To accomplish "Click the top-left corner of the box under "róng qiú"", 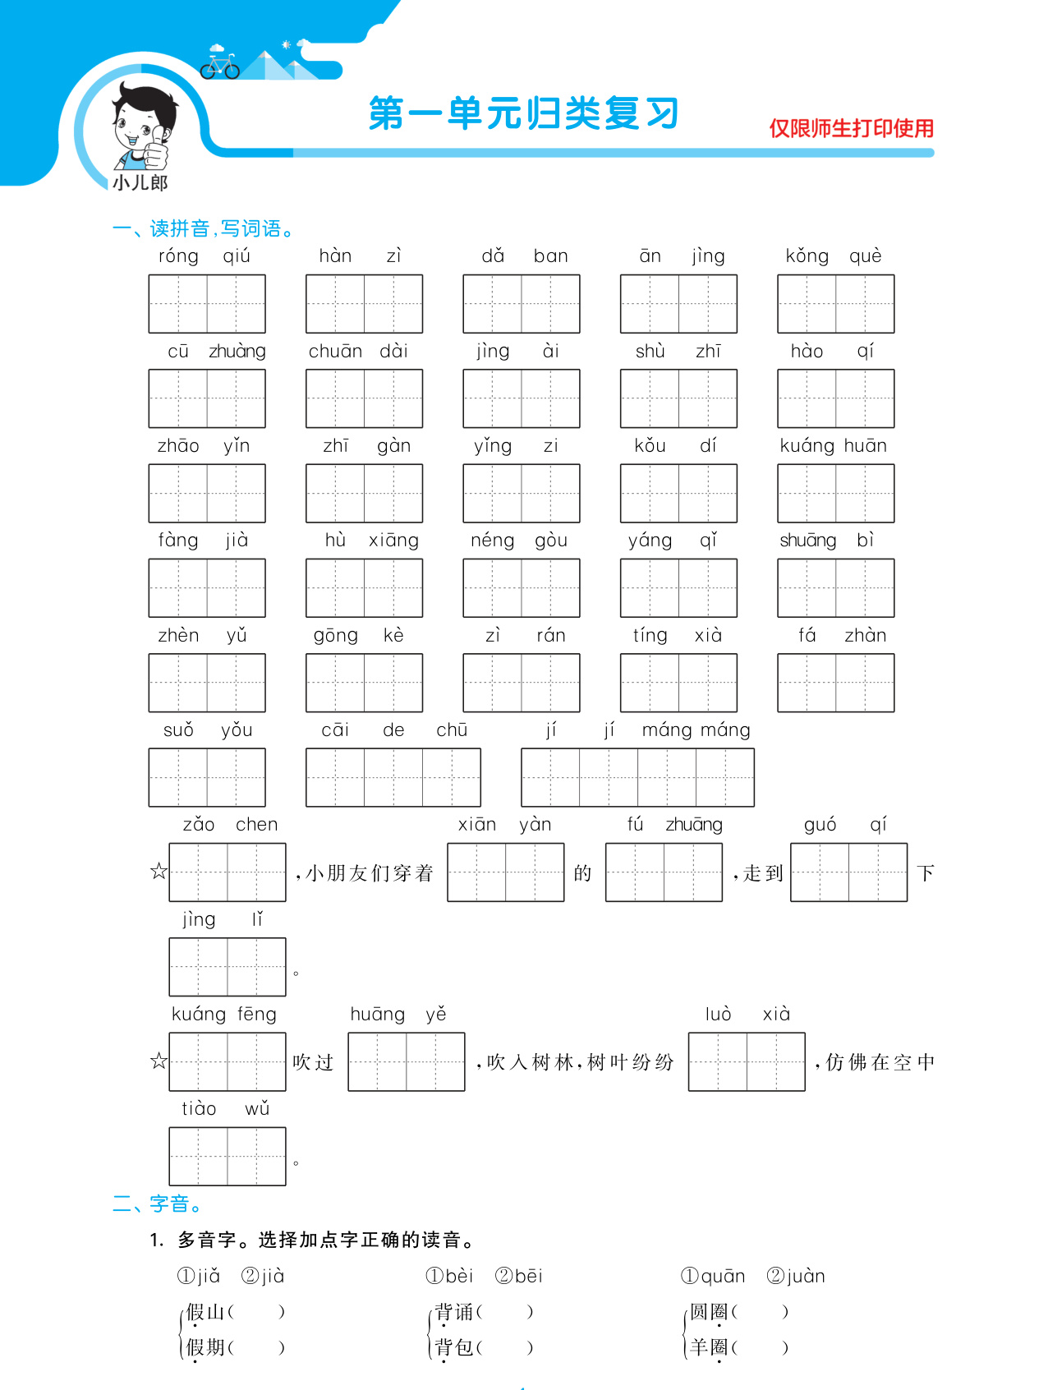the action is pos(149,275).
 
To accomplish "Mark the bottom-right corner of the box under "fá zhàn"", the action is pos(894,711).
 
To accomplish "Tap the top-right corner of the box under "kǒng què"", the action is pos(894,275).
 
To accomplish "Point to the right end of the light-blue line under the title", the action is pos(934,153).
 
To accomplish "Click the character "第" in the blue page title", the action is pos(387,113).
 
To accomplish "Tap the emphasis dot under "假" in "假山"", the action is pos(195,1326).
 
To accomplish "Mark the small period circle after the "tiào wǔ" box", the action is pos(296,1162).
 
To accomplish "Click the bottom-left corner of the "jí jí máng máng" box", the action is pos(522,806).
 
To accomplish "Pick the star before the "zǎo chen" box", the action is pos(159,872).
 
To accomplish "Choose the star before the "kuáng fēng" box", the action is pos(159,1061).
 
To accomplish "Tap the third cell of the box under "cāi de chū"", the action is pos(452,777).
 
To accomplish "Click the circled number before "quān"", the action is pos(690,1276).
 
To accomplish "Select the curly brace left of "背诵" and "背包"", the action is pos(430,1330).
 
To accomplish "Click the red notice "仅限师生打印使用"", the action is pos(852,128).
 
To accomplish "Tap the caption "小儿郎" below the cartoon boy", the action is pos(140,182).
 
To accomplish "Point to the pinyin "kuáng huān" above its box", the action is pos(834,446).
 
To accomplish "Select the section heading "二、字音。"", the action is pos(158,1204).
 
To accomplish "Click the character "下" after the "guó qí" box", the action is pos(926,872).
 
